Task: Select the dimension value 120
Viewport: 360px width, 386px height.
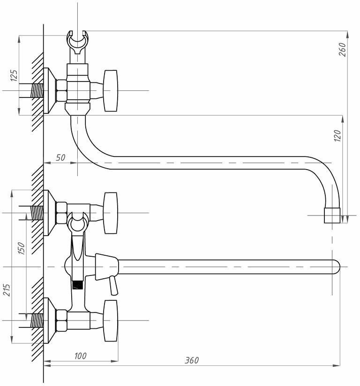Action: (x=338, y=135)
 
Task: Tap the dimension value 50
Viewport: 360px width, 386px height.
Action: (x=60, y=157)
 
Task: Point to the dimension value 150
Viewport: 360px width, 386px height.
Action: (x=21, y=248)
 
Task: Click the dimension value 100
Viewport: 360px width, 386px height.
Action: (x=80, y=356)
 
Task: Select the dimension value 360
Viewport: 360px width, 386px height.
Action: (x=191, y=360)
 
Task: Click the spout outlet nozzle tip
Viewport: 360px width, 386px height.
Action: (x=333, y=216)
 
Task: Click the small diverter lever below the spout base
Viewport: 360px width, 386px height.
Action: (x=112, y=285)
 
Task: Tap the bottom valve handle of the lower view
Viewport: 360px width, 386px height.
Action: (x=111, y=320)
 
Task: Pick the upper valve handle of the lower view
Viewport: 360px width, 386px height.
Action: (x=111, y=213)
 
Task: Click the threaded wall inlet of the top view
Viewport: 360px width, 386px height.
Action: (x=37, y=90)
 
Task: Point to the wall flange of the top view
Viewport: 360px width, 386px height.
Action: (x=48, y=91)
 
